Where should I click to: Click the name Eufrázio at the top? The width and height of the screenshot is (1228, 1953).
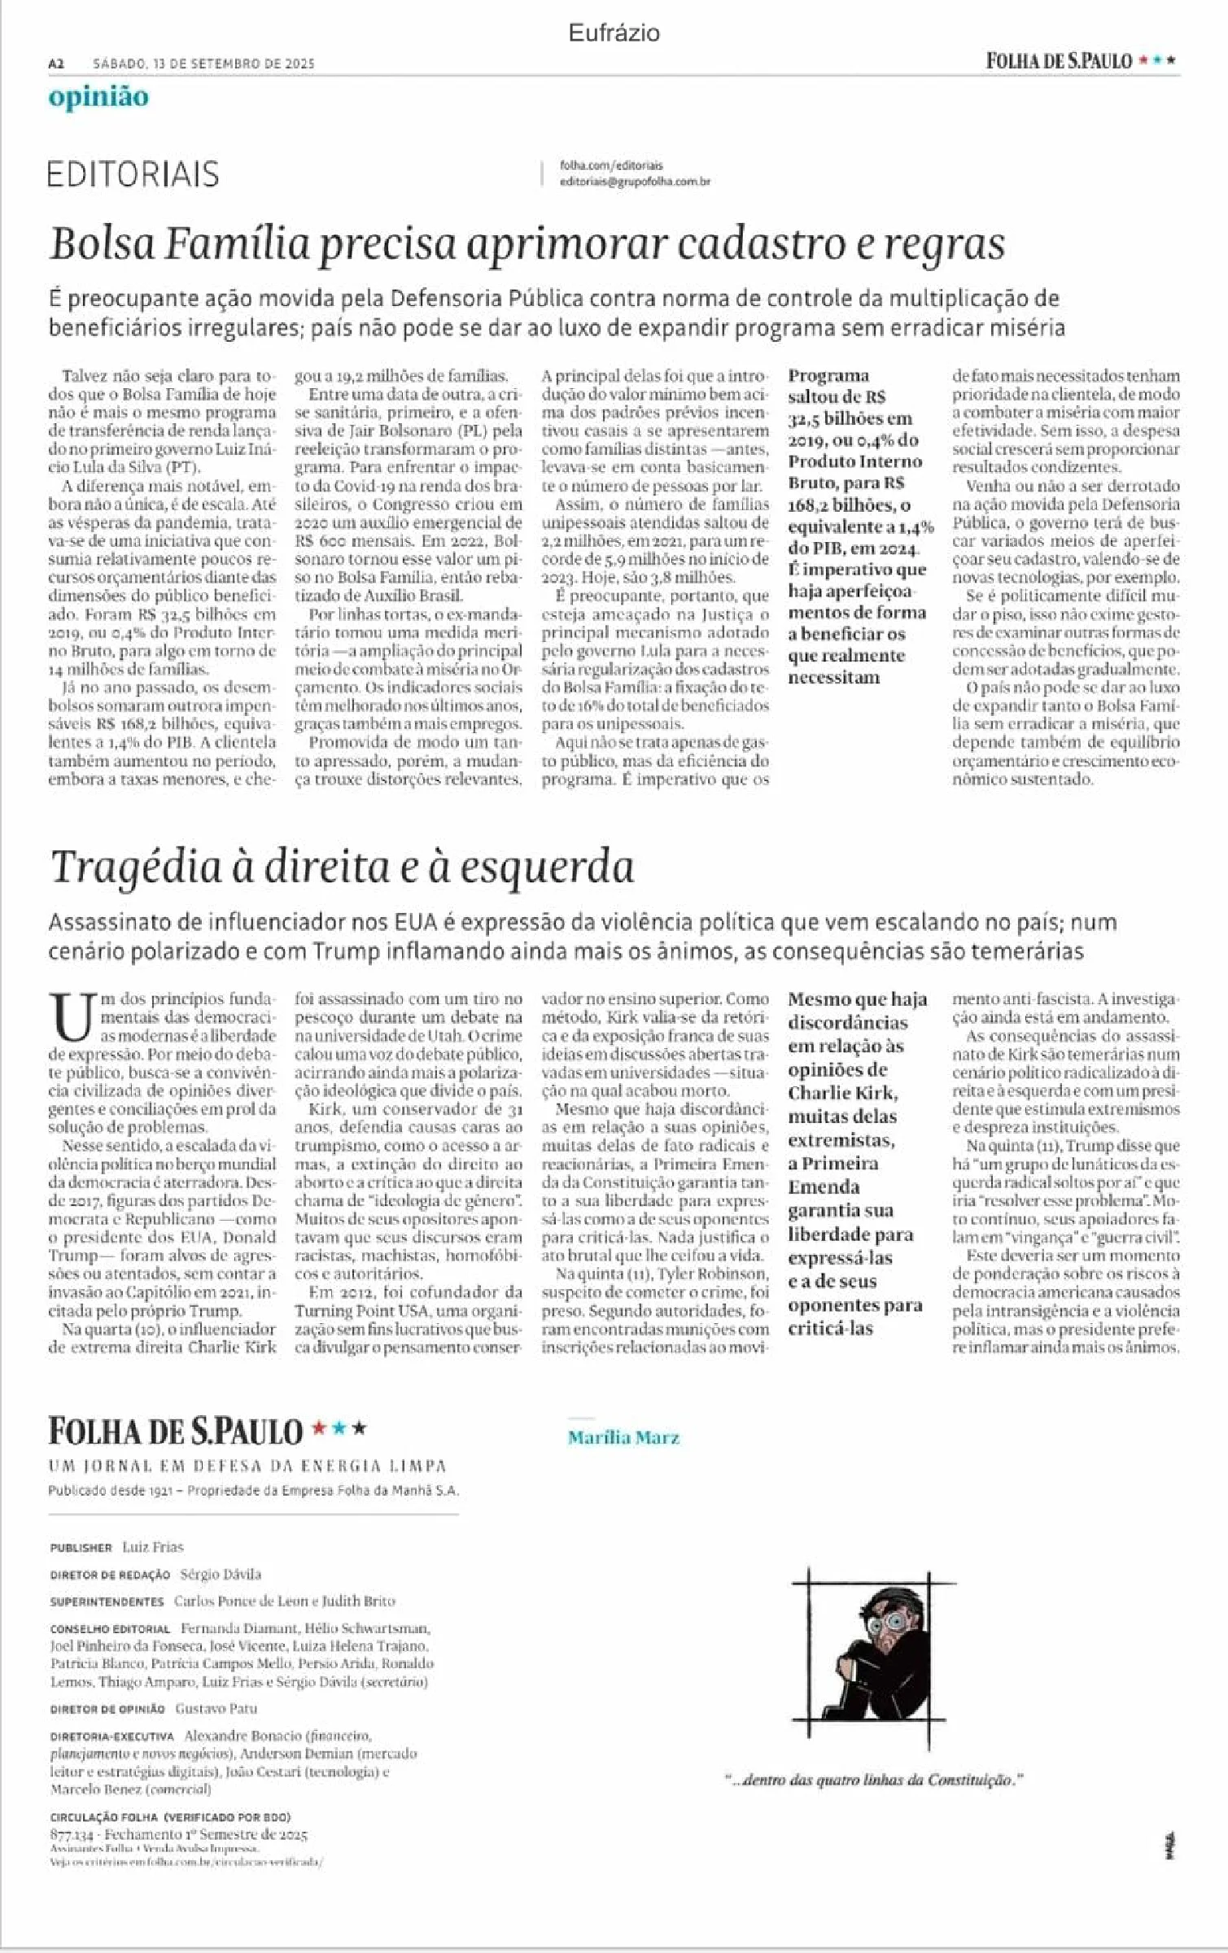[x=614, y=33]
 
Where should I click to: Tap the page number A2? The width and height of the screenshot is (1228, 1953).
[x=56, y=63]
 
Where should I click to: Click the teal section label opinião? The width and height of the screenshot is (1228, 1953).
[x=98, y=97]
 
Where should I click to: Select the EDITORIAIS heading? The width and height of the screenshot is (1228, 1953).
[x=133, y=174]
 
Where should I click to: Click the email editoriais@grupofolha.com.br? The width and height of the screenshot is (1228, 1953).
[x=635, y=181]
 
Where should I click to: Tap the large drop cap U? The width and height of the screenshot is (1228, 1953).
[x=72, y=1017]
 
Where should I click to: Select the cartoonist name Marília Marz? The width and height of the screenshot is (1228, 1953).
[x=623, y=1437]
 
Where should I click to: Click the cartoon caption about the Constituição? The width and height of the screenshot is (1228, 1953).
[x=873, y=1780]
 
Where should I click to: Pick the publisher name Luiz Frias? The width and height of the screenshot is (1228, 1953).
[x=153, y=1547]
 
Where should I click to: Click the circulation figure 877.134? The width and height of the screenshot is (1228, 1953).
[x=73, y=1834]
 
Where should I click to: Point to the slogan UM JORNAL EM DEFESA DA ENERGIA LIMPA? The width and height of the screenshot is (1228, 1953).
[x=247, y=1466]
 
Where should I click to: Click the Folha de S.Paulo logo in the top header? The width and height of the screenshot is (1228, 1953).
[x=1059, y=61]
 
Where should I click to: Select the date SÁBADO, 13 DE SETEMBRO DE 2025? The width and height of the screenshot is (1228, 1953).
[x=203, y=63]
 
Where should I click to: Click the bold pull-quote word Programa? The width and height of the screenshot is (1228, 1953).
[x=828, y=376]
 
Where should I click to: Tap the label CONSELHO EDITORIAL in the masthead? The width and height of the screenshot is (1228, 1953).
[x=110, y=1629]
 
